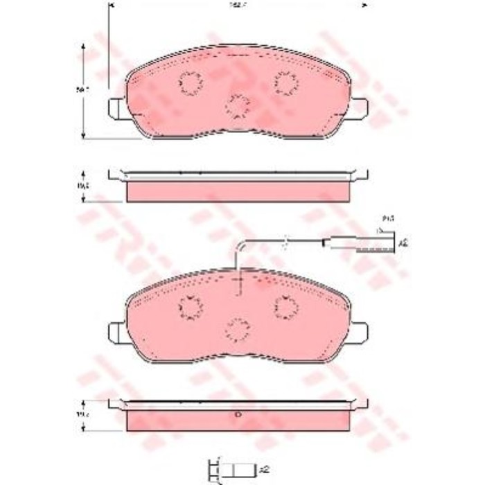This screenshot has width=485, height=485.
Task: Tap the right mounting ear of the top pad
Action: tap(359, 108)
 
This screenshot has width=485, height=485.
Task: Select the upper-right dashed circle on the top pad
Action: tap(285, 82)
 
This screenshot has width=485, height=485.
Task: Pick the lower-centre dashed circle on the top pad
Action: tap(238, 106)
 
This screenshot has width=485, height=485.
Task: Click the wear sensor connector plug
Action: tap(374, 243)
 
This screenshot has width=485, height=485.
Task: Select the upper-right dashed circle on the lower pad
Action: tap(285, 306)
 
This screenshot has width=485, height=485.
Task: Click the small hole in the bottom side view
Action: tap(238, 415)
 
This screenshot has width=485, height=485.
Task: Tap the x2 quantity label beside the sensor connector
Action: tap(403, 243)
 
